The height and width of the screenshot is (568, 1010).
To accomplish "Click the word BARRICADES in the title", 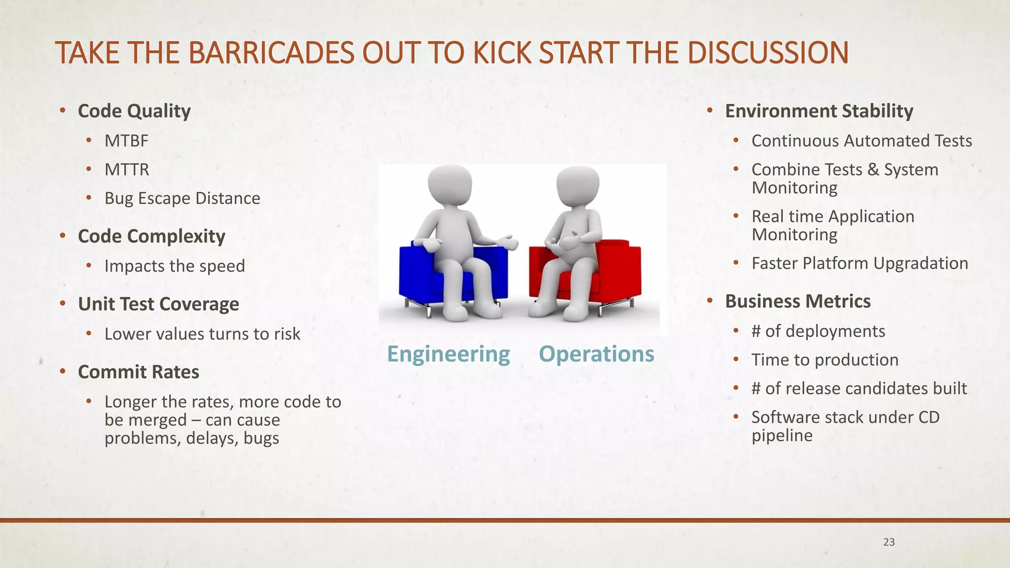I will pos(271,53).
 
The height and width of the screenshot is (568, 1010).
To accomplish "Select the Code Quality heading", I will pos(134,111).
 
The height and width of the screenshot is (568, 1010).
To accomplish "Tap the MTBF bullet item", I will pos(126,141).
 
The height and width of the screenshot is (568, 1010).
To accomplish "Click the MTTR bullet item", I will pos(127,170).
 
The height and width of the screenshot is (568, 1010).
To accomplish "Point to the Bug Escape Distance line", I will pos(182,198).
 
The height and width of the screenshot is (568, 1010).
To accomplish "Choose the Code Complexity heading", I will pos(151,236).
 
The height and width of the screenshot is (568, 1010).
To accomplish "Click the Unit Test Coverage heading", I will pos(158,304).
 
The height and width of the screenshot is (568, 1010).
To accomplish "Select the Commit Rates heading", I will pos(139,372).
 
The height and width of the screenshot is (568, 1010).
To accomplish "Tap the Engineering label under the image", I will pos(448,354).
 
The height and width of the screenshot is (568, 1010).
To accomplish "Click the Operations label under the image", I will pos(596,354).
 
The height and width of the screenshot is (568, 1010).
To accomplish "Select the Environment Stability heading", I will pos(819,111).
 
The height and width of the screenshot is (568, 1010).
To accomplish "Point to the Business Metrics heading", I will pos(797,301).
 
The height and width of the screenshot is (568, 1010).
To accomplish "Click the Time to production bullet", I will pos(825,360).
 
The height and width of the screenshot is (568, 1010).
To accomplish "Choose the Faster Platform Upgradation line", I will pos(860,263).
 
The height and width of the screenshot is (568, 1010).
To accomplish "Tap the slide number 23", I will pos(889,542).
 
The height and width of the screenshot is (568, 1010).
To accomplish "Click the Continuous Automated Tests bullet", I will pos(862,141).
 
